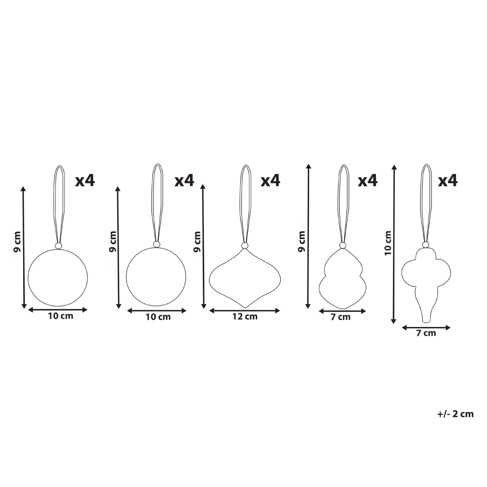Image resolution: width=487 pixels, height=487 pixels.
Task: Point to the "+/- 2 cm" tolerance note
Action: pos(455,422)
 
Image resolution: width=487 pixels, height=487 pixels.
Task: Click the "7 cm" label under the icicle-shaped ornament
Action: pos(426,333)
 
